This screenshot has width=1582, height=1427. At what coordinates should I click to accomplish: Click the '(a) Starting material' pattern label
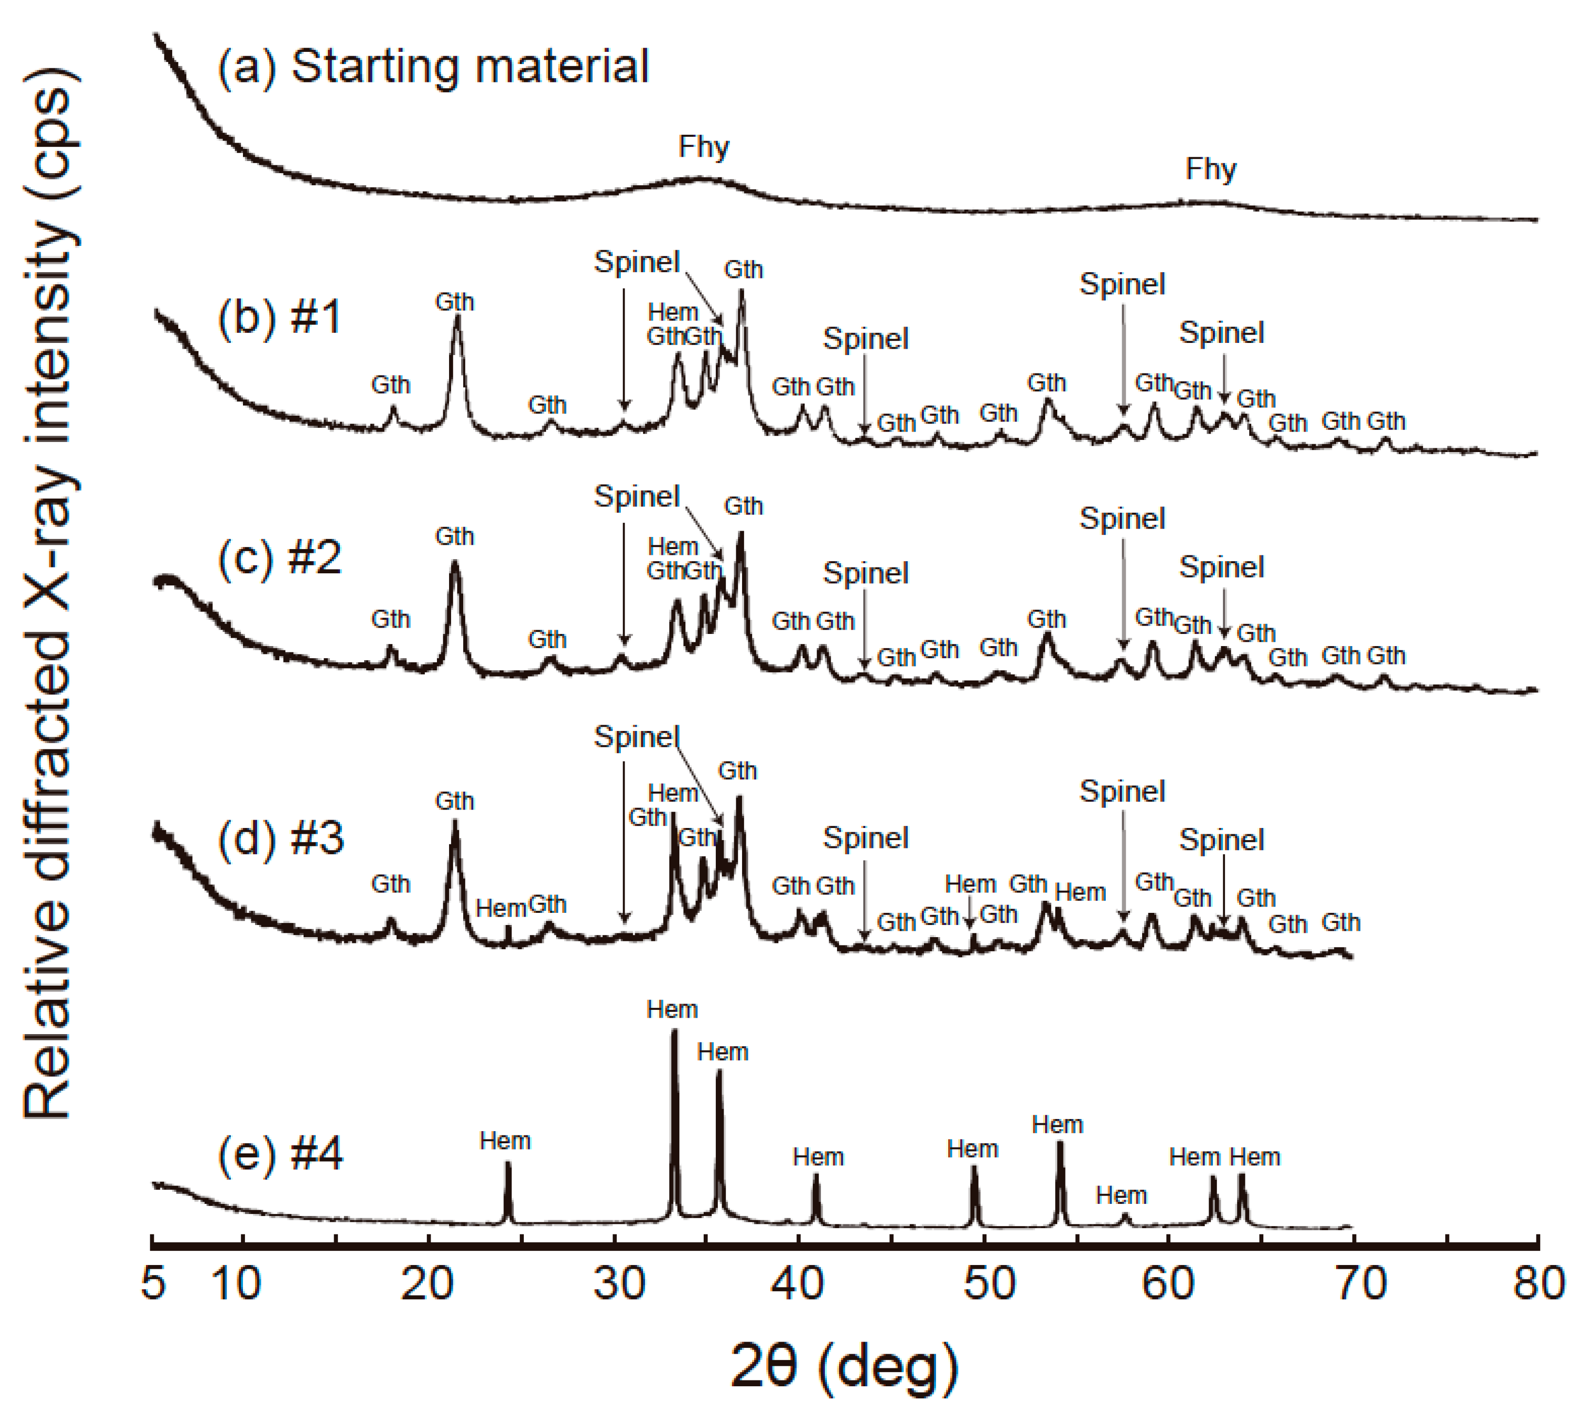point(433,66)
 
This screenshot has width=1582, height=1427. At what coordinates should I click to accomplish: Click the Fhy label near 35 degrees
point(703,146)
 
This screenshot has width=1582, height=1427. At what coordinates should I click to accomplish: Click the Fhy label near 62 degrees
point(1211,169)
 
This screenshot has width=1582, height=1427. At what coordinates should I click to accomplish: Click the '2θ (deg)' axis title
point(844,1366)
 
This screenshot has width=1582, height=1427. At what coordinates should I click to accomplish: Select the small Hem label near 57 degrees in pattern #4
point(1121,1195)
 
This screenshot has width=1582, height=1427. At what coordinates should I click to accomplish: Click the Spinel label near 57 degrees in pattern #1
point(1122,284)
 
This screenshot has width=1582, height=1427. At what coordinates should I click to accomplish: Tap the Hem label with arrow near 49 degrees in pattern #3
point(970,884)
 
